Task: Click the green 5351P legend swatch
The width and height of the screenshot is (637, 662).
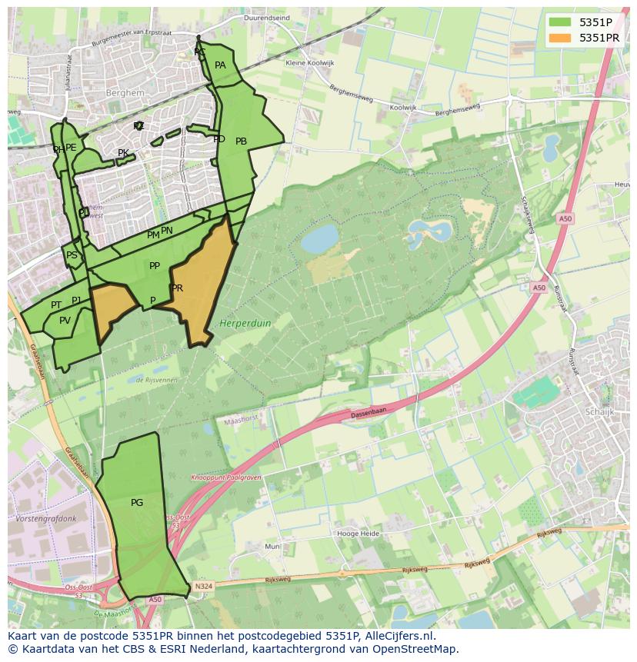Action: click(x=559, y=22)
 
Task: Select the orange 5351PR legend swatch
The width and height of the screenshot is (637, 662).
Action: click(x=559, y=38)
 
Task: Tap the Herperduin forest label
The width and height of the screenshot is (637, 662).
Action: click(x=245, y=324)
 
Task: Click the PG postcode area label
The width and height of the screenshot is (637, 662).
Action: click(x=137, y=503)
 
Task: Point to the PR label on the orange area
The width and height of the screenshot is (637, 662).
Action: click(x=178, y=288)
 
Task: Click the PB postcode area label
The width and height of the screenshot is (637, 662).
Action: click(x=241, y=141)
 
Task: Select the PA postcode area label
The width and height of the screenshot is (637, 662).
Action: click(x=220, y=65)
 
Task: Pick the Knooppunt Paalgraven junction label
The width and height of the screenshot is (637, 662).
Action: click(x=226, y=477)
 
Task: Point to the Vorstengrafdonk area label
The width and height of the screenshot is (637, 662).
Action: click(x=46, y=519)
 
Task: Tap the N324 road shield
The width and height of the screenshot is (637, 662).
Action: click(x=202, y=586)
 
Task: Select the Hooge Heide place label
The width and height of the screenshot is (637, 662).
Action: click(x=358, y=533)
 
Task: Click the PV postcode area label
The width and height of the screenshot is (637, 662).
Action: click(x=65, y=321)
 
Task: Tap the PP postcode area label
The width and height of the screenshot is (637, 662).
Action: click(x=155, y=266)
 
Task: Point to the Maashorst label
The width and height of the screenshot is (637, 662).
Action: click(x=238, y=422)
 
